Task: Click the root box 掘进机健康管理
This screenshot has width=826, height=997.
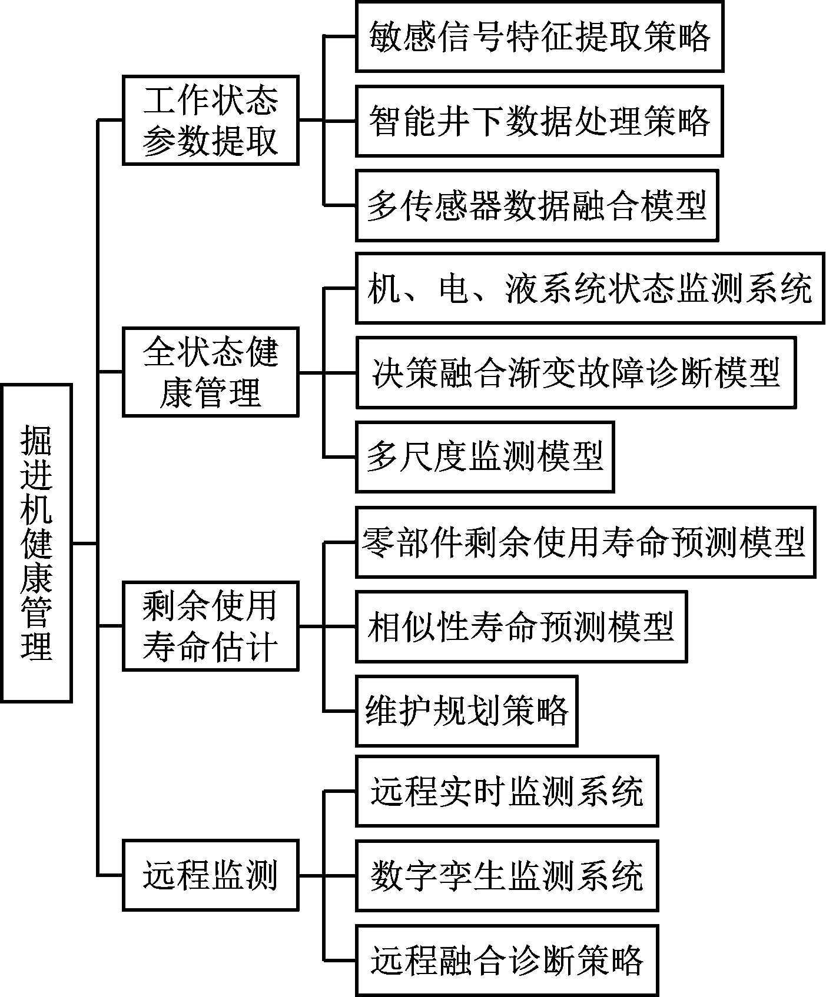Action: (37, 543)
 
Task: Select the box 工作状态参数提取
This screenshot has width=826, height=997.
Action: (210, 120)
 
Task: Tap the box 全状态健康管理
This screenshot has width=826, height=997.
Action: (210, 372)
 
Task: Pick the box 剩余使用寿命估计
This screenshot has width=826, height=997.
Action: (210, 626)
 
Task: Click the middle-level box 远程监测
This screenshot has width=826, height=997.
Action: (210, 875)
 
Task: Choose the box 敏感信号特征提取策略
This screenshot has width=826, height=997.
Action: (539, 36)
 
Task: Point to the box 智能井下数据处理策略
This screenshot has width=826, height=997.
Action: (539, 121)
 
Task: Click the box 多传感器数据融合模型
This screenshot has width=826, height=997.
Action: (537, 205)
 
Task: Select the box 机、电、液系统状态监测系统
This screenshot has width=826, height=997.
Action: (589, 288)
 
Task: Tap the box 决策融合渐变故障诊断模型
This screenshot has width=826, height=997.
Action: (576, 372)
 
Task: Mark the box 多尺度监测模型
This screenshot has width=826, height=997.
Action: (485, 456)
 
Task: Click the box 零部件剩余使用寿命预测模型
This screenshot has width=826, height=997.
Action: (585, 542)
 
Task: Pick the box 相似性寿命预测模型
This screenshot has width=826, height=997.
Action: (521, 626)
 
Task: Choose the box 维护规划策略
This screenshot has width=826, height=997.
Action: (467, 711)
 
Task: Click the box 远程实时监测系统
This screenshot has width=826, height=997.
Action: (507, 791)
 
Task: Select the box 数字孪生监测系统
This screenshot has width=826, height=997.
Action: (507, 875)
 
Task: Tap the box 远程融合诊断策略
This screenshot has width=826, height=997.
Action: (507, 960)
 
